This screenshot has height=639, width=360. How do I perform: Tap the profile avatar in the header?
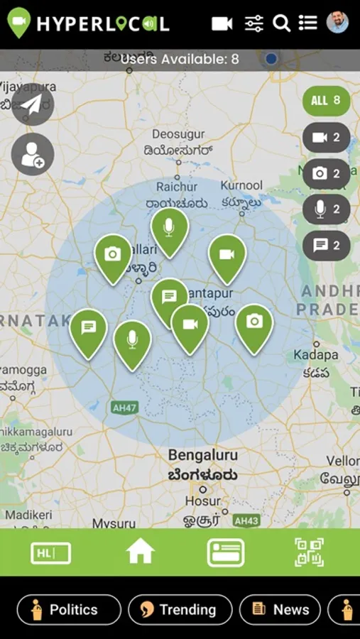click(337, 23)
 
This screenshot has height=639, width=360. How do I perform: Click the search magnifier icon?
click(282, 23)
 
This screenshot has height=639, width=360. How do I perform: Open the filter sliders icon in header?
click(254, 23)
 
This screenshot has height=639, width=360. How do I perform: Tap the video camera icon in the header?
click(222, 23)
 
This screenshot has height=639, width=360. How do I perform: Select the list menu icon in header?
click(308, 23)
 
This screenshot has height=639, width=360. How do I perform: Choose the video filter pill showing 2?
click(327, 138)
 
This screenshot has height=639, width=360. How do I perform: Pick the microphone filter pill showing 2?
click(327, 209)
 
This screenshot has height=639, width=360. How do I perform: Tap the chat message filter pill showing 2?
click(327, 246)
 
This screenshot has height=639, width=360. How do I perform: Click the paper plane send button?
click(32, 104)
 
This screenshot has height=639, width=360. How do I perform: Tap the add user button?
click(33, 155)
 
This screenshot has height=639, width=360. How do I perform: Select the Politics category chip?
click(69, 609)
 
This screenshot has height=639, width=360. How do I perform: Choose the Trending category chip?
click(180, 609)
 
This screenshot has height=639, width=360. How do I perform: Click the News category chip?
click(280, 609)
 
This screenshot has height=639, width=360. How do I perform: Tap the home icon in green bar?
click(141, 551)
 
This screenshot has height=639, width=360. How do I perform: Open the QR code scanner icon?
click(309, 552)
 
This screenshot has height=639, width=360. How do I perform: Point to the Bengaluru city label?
click(202, 455)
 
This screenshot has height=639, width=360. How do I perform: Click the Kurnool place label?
click(241, 185)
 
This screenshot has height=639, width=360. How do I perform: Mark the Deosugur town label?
click(178, 134)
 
